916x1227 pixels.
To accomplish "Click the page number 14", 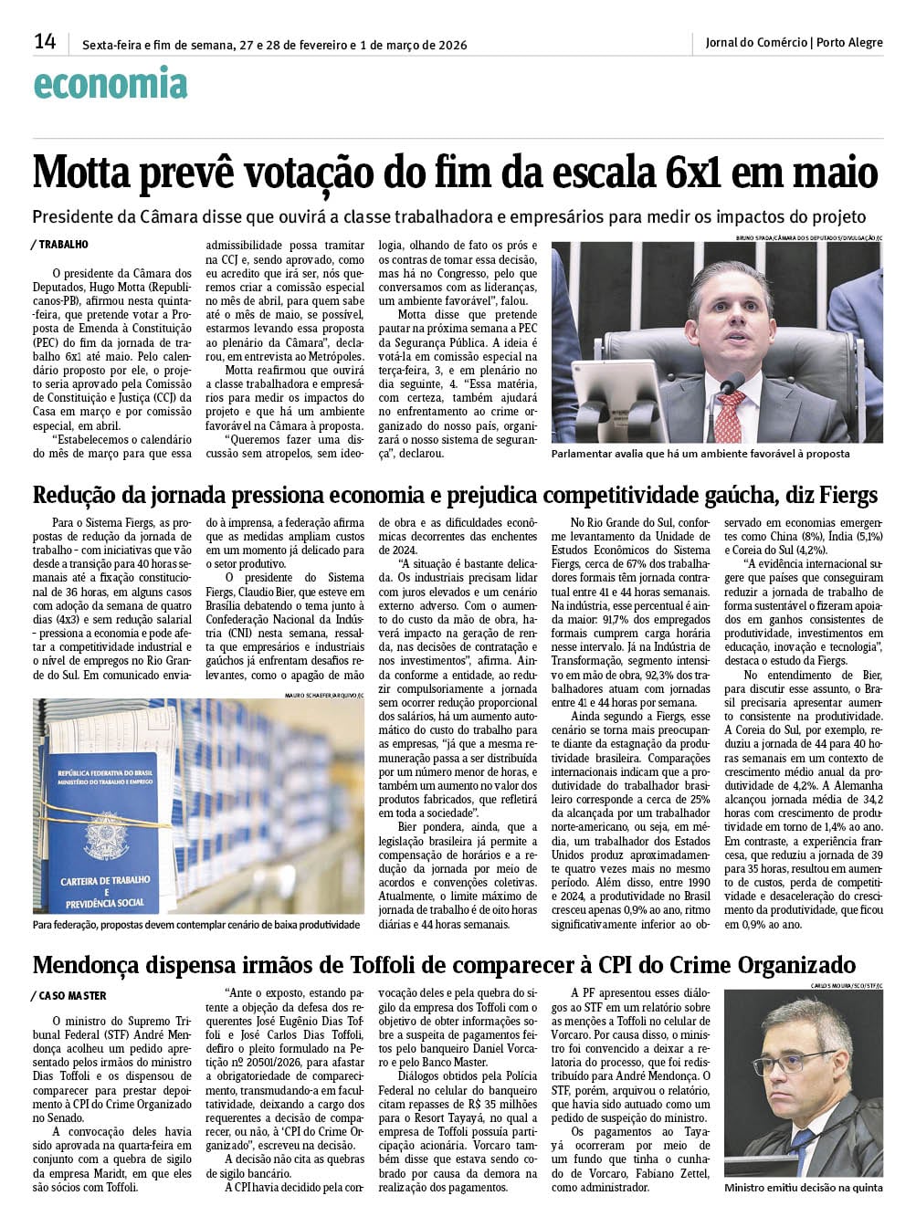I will click(45, 41).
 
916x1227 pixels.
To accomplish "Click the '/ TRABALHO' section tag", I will click(61, 245).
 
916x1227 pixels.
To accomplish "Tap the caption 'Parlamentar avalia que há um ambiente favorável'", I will click(700, 454).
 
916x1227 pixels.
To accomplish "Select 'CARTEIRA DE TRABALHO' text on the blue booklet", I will click(104, 881).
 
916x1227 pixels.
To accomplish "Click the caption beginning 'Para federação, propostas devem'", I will click(196, 924).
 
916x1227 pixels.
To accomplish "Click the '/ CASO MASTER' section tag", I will click(69, 996).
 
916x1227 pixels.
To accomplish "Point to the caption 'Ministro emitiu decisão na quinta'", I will click(803, 1188).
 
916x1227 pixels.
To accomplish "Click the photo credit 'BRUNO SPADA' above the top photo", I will click(754, 237).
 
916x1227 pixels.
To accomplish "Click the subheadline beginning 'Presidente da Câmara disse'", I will click(448, 217).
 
